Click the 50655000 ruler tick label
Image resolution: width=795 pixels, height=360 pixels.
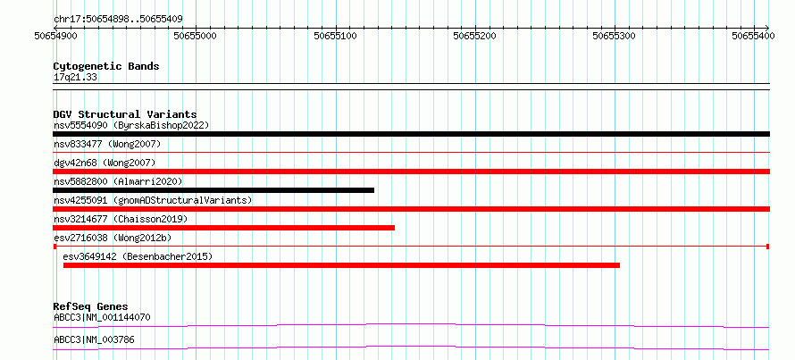coord(196,36)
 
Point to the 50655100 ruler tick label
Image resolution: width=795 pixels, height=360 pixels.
coord(335,36)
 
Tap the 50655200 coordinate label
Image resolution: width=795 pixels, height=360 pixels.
coord(475,36)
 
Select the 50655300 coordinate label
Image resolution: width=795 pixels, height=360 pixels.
coord(615,36)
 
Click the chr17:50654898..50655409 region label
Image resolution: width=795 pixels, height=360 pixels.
coord(118,20)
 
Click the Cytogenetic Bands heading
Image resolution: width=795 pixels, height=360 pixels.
coord(106,66)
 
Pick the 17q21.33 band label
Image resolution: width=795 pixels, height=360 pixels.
coord(76,77)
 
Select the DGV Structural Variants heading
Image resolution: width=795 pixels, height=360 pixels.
coord(125,114)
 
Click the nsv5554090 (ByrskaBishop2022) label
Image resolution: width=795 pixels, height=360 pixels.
coord(131,125)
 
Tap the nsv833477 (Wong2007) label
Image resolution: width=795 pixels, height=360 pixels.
coord(107,145)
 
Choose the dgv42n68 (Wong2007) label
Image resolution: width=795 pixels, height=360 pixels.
coord(105,163)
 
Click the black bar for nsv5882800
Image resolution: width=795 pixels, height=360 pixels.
coord(213,190)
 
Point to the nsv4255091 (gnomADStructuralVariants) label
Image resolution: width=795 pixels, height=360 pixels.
coord(153,200)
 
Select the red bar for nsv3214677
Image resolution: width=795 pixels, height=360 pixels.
coord(223,228)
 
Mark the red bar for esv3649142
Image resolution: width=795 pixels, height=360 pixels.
coord(342,265)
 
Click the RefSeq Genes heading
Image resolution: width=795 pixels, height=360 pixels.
coord(91,306)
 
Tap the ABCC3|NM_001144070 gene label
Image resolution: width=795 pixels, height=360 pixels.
coord(102,318)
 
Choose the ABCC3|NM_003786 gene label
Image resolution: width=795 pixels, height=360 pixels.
coord(95,339)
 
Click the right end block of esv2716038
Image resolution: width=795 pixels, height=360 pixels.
coord(767,247)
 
